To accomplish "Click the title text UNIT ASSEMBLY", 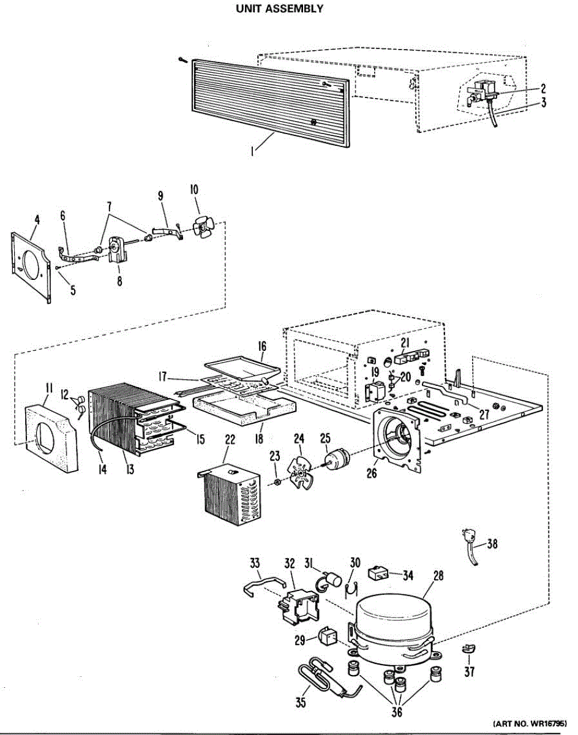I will (279, 9).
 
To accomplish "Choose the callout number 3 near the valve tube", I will (543, 104).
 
